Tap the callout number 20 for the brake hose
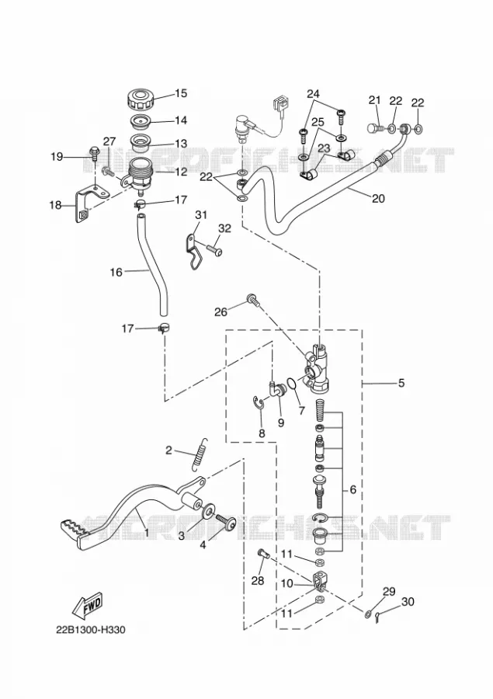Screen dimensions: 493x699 (378, 198)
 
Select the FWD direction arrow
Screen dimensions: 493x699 (88, 607)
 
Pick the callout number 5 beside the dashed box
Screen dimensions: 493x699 (401, 382)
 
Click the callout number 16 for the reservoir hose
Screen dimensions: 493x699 (116, 272)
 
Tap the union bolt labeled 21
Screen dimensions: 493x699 (373, 128)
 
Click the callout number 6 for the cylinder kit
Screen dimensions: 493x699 (353, 489)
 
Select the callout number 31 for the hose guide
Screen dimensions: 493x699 (201, 215)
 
